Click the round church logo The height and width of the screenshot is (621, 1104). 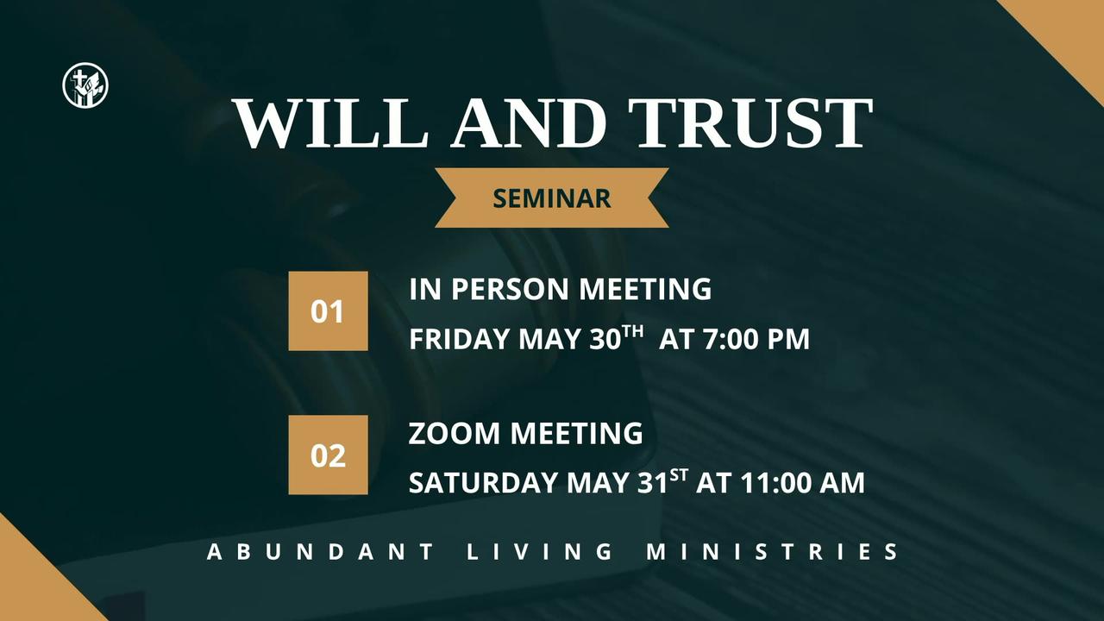click(x=85, y=85)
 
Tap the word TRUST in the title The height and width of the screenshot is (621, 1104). click(x=750, y=122)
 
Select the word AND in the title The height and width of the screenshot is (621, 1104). click(x=528, y=122)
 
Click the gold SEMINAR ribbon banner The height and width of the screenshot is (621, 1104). click(x=551, y=198)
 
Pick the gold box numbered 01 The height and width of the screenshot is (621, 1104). click(x=329, y=311)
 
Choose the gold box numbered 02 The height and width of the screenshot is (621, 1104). click(x=329, y=455)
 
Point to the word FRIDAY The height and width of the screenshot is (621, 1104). click(x=460, y=339)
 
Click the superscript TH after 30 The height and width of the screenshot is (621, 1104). click(x=633, y=330)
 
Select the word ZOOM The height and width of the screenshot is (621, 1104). click(x=454, y=433)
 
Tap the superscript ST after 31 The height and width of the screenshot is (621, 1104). click(x=679, y=474)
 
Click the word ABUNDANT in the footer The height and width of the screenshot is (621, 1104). click(x=321, y=551)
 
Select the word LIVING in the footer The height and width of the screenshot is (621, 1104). click(x=540, y=551)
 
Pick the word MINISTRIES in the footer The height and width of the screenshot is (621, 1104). click(x=772, y=551)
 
